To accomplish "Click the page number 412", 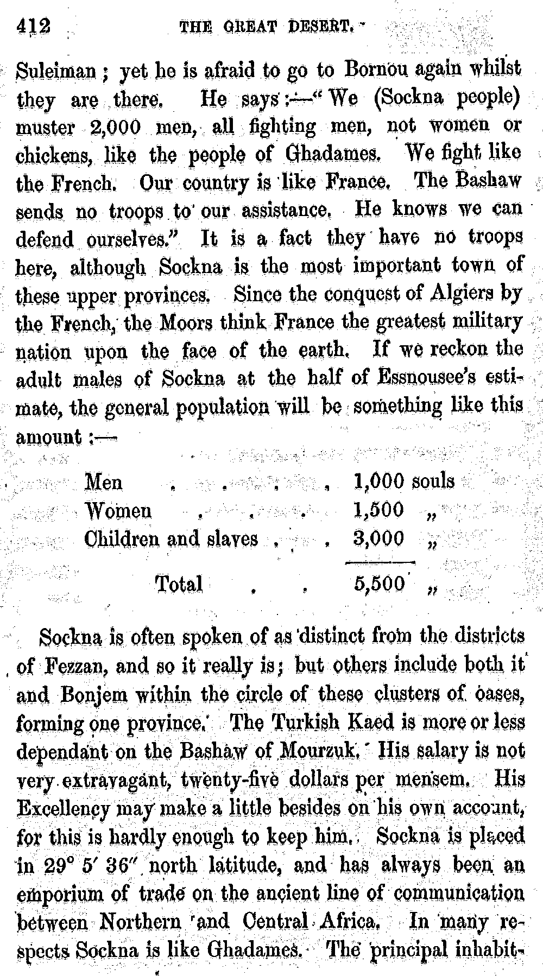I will coord(34,26).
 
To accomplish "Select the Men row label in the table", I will coord(104,481).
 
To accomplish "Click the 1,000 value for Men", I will coord(378,481).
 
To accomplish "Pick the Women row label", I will coord(118,510).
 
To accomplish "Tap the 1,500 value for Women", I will coord(378,510).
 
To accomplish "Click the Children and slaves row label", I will coord(171,538).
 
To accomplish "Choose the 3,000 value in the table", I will coord(378,538).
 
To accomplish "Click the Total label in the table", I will coord(179,584).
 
